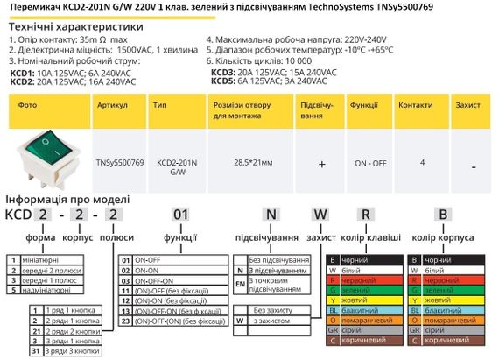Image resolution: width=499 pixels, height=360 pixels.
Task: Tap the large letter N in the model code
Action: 271,215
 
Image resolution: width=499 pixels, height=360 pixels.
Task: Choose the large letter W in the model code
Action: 320,215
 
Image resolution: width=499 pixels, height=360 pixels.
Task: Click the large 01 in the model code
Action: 179,215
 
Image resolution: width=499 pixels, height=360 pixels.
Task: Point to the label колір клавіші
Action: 371,236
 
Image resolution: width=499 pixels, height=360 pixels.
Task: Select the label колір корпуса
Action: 451,236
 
